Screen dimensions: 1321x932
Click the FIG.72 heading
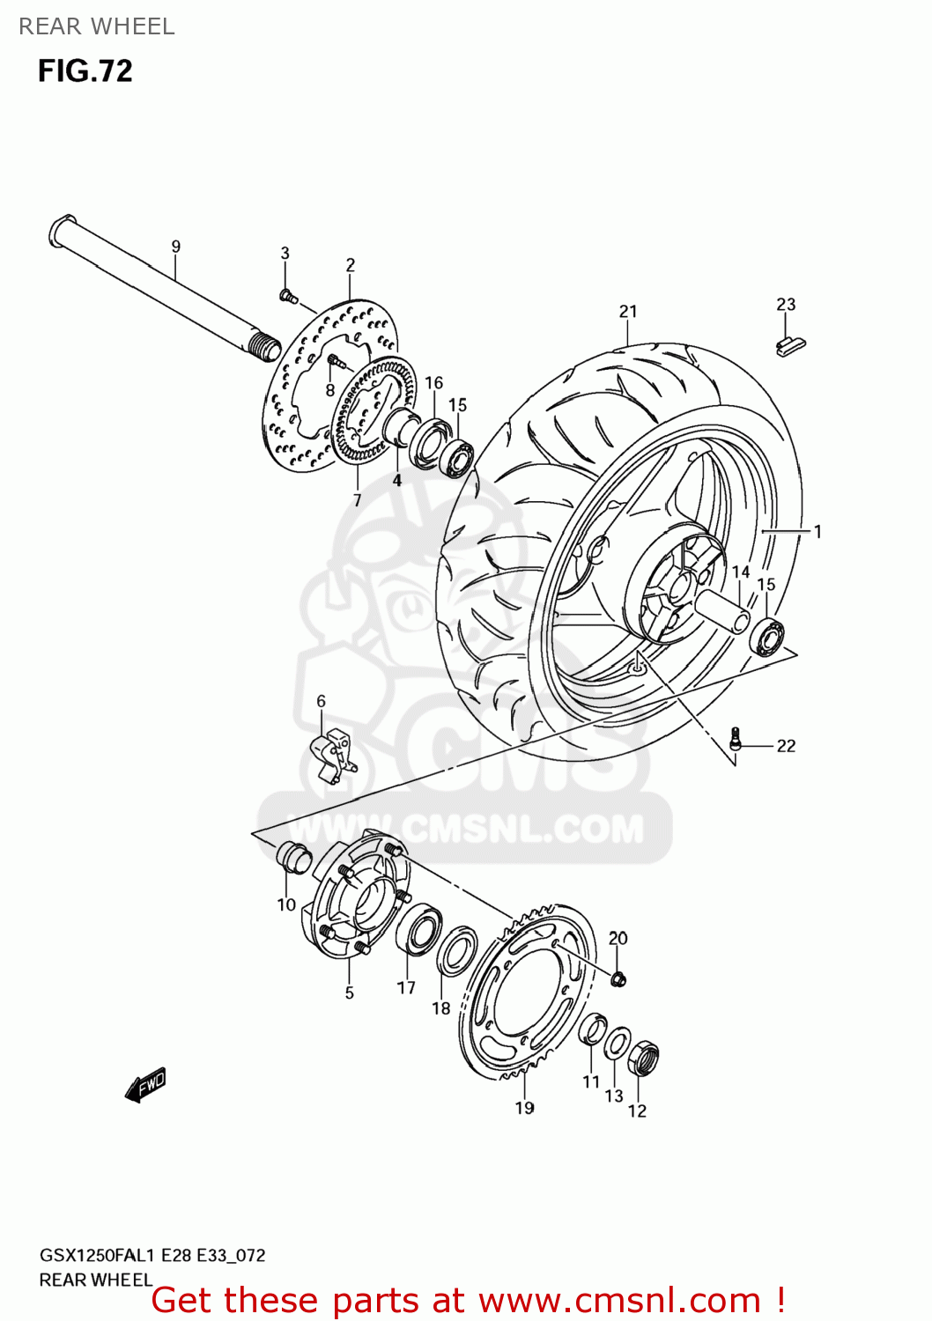(85, 70)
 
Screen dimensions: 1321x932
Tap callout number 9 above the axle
(176, 247)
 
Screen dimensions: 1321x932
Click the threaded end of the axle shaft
(263, 346)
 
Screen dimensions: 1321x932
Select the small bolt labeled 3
(286, 295)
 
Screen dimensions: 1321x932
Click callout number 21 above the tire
(628, 311)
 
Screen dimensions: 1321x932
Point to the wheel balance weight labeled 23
(790, 345)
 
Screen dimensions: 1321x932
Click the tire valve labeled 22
(736, 739)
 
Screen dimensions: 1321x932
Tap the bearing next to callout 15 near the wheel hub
(767, 637)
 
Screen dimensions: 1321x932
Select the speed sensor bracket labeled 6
(333, 755)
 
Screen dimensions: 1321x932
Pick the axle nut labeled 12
(644, 1058)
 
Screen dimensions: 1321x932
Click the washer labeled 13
(618, 1044)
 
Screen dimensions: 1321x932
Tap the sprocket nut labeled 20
(618, 978)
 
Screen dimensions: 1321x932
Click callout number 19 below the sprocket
(525, 1108)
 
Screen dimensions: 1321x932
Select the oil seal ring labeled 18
(458, 951)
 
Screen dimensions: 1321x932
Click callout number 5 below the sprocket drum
(350, 993)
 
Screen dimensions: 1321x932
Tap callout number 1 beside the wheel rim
(817, 531)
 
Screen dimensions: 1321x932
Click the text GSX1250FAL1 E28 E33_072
(152, 1255)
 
